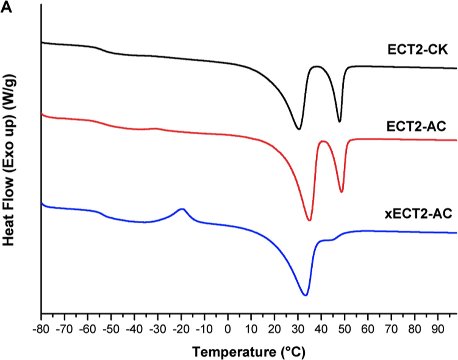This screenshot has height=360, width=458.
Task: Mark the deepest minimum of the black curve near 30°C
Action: pos(298,129)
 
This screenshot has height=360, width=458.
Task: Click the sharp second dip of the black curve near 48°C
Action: pos(340,122)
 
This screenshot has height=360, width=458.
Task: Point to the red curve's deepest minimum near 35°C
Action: pos(309,220)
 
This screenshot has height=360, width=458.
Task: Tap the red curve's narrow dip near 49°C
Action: pos(342,192)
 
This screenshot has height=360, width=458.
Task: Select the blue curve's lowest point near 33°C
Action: pos(305,295)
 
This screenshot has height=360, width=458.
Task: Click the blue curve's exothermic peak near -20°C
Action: pos(182,209)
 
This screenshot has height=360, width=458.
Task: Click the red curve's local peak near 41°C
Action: pos(323,141)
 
